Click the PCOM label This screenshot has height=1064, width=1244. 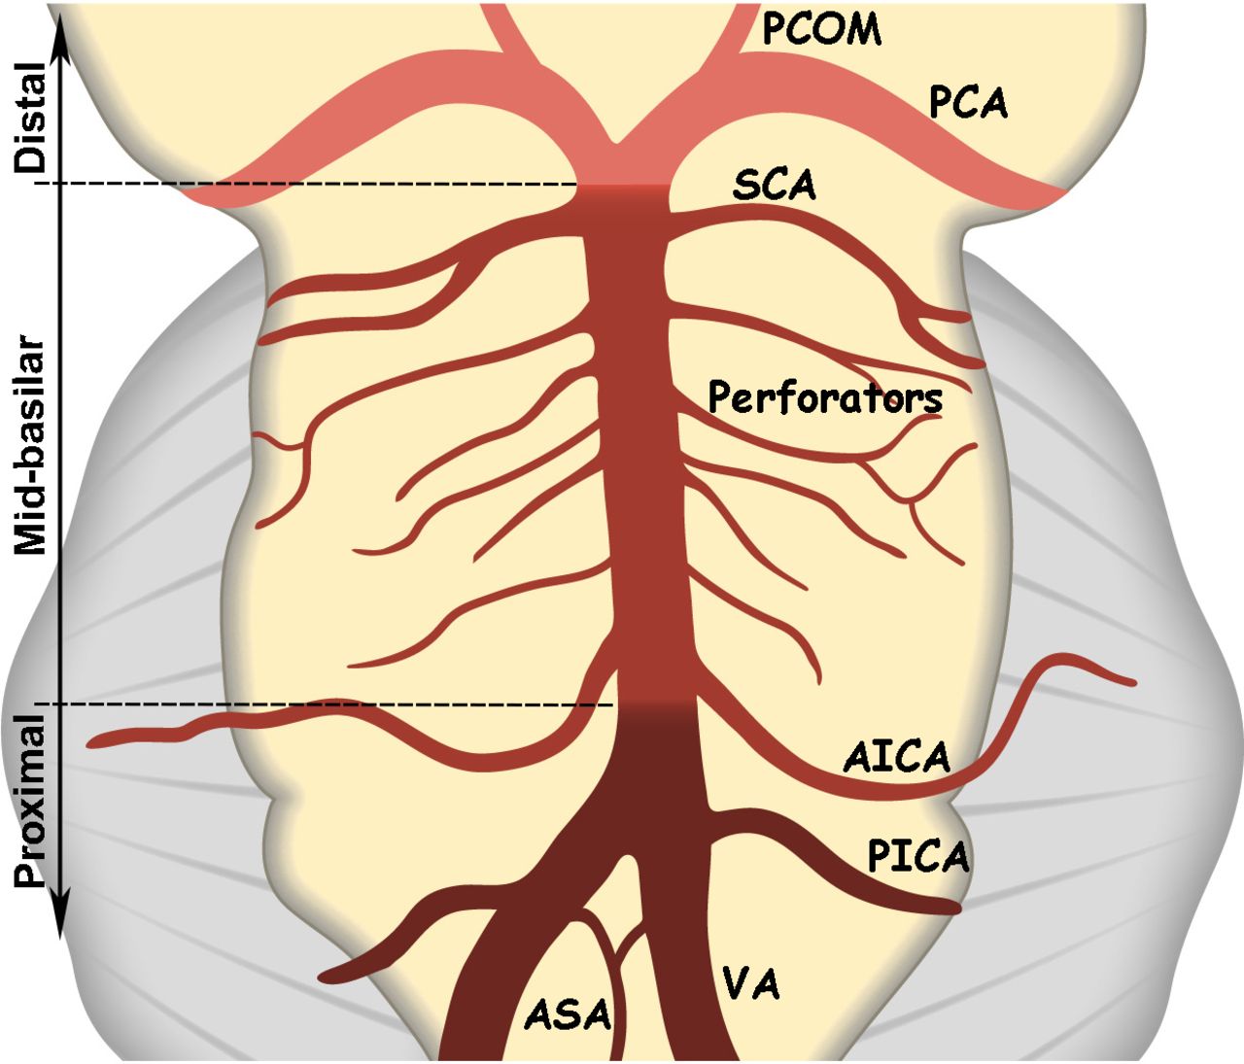click(x=821, y=29)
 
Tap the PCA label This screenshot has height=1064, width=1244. click(x=968, y=102)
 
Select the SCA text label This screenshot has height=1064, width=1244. click(x=775, y=185)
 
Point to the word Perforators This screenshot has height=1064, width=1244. click(x=825, y=397)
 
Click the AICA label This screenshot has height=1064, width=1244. click(x=896, y=757)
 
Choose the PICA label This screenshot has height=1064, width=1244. click(x=918, y=856)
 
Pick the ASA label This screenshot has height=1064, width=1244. click(x=569, y=1014)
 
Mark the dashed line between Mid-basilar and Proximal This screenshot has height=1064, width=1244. click(x=321, y=704)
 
